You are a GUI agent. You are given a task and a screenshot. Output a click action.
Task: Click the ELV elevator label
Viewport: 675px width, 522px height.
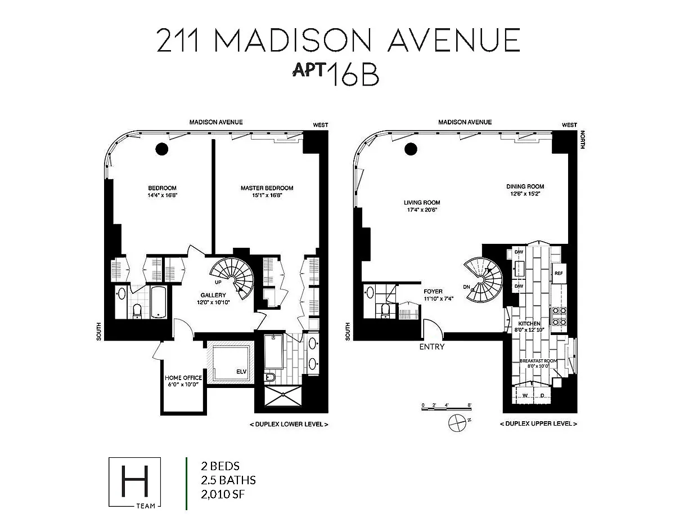point(241,372)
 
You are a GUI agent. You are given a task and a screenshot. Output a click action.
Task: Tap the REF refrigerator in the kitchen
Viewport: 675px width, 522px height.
point(559,273)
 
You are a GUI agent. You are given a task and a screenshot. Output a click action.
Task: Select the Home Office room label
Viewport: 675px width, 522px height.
point(183,378)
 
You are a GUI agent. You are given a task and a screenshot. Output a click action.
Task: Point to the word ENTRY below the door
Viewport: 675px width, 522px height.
point(432,347)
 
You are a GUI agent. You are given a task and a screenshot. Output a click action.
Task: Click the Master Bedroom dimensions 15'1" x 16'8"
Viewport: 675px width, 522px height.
point(267,195)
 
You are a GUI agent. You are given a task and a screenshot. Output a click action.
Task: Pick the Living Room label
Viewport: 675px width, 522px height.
point(422,202)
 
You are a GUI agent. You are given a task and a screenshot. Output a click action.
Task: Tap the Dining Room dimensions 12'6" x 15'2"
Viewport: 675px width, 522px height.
point(525,194)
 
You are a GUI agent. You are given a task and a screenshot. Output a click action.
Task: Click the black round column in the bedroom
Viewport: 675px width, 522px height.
point(161,149)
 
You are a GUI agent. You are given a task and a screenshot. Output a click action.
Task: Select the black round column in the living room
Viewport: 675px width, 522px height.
point(411,149)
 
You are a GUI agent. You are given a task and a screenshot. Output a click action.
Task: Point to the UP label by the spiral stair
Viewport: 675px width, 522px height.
point(218,282)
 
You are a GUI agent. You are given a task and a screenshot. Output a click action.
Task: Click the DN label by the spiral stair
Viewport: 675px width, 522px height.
point(466,287)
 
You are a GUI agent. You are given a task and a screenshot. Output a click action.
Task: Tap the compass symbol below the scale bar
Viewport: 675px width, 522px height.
point(457,423)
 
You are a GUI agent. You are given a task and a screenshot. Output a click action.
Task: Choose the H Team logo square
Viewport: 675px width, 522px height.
point(135,482)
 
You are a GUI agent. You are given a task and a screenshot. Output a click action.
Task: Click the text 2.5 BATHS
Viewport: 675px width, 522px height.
point(228,480)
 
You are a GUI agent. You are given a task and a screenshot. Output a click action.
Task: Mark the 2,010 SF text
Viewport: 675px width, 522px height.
point(223,494)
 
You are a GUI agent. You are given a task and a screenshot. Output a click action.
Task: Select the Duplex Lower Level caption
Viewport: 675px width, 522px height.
point(289,424)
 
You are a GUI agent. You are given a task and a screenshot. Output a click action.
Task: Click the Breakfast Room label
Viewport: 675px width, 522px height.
point(538,361)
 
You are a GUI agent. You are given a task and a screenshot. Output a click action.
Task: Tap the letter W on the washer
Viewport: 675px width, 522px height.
point(525,395)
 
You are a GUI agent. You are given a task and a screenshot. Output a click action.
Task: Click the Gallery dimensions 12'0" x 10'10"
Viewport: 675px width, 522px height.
point(213,302)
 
